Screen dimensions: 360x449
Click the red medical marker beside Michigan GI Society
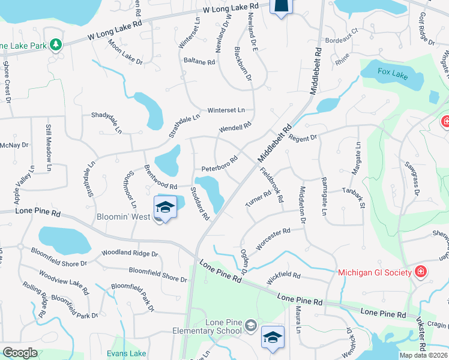(421, 272)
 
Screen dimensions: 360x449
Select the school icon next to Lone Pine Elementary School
(251, 326)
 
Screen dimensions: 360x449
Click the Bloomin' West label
(123, 216)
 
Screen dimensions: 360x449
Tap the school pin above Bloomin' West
(164, 208)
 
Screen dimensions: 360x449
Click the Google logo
(20, 353)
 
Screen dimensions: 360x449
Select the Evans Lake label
(125, 354)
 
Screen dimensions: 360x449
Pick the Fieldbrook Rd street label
(272, 184)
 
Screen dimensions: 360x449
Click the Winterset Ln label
(226, 110)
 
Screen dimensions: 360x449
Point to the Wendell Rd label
(235, 128)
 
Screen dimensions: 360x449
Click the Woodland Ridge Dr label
(130, 254)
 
